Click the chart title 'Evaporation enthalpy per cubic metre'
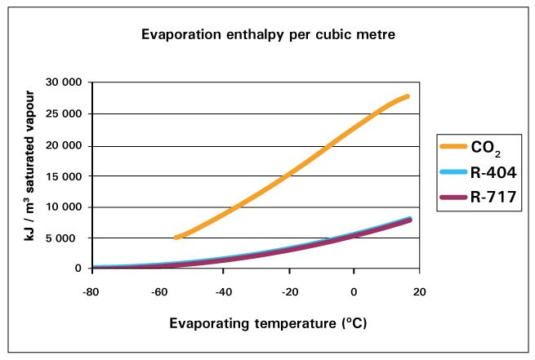(x=266, y=36)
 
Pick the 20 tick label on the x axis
(x=420, y=290)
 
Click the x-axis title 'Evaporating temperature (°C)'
(x=256, y=324)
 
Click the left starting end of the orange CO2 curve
(x=176, y=238)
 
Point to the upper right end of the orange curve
(x=407, y=96)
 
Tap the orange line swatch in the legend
(x=453, y=148)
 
